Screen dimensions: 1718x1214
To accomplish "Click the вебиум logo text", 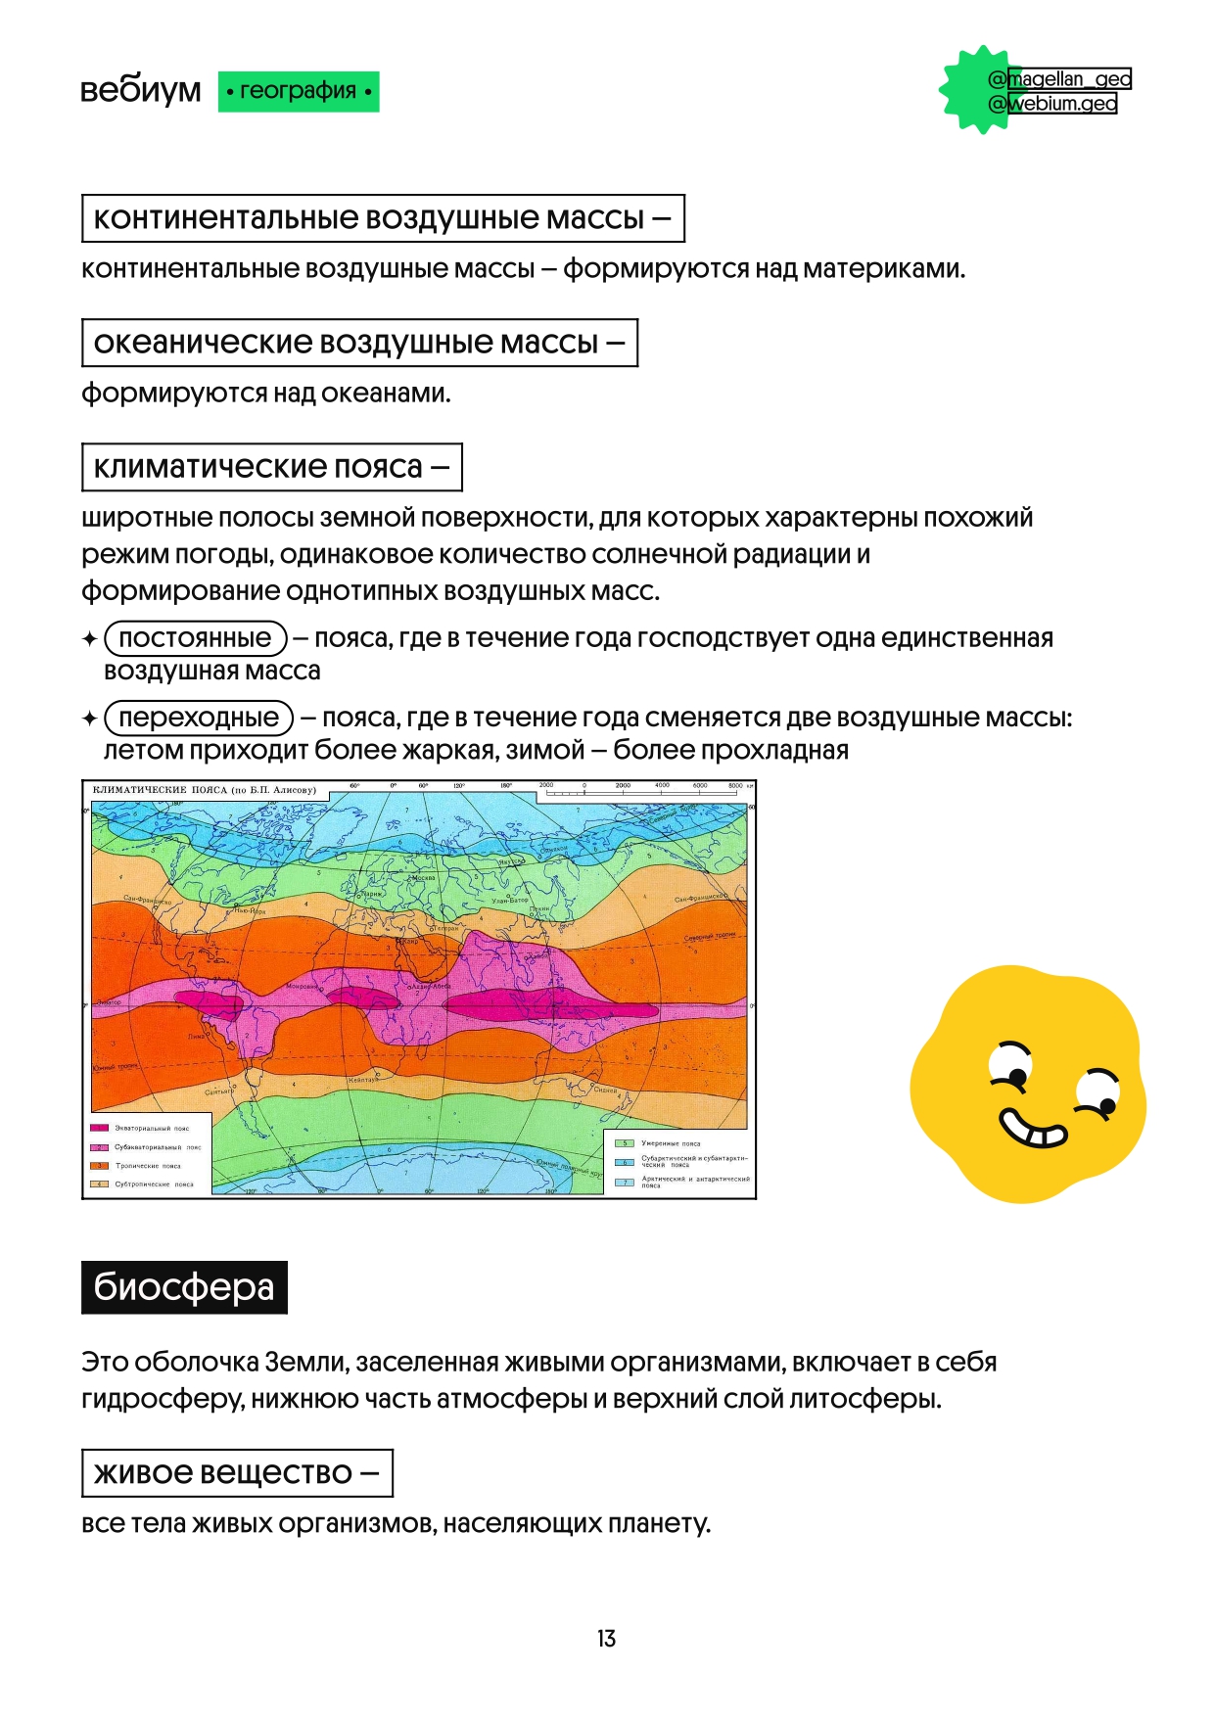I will pyautogui.click(x=140, y=90).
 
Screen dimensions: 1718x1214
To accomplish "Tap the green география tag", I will pyautogui.click(x=298, y=91).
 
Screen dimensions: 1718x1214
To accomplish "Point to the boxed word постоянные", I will pyautogui.click(x=195, y=638).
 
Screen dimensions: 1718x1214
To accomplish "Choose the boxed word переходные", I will pyautogui.click(x=199, y=718).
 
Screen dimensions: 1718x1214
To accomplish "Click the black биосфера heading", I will pyautogui.click(x=184, y=1286).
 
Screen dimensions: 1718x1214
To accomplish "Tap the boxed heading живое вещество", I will pyautogui.click(x=237, y=1472).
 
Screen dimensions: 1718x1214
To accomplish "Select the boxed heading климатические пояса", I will pyautogui.click(x=271, y=467).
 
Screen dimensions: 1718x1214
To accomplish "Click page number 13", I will pyautogui.click(x=606, y=1638).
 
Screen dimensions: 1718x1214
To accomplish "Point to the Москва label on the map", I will pyautogui.click(x=423, y=878).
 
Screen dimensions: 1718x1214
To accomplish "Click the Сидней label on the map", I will pyautogui.click(x=606, y=1090).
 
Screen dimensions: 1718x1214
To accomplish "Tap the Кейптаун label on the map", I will pyautogui.click(x=362, y=1080).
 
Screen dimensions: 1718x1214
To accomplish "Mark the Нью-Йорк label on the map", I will pyautogui.click(x=250, y=910).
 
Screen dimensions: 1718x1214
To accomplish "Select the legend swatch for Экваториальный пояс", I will pyautogui.click(x=100, y=1129).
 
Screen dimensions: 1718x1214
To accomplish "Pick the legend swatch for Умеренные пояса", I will pyautogui.click(x=624, y=1143).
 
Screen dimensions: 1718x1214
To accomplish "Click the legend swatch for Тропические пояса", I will pyautogui.click(x=100, y=1166).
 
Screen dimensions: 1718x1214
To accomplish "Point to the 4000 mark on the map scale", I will pyautogui.click(x=662, y=786).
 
